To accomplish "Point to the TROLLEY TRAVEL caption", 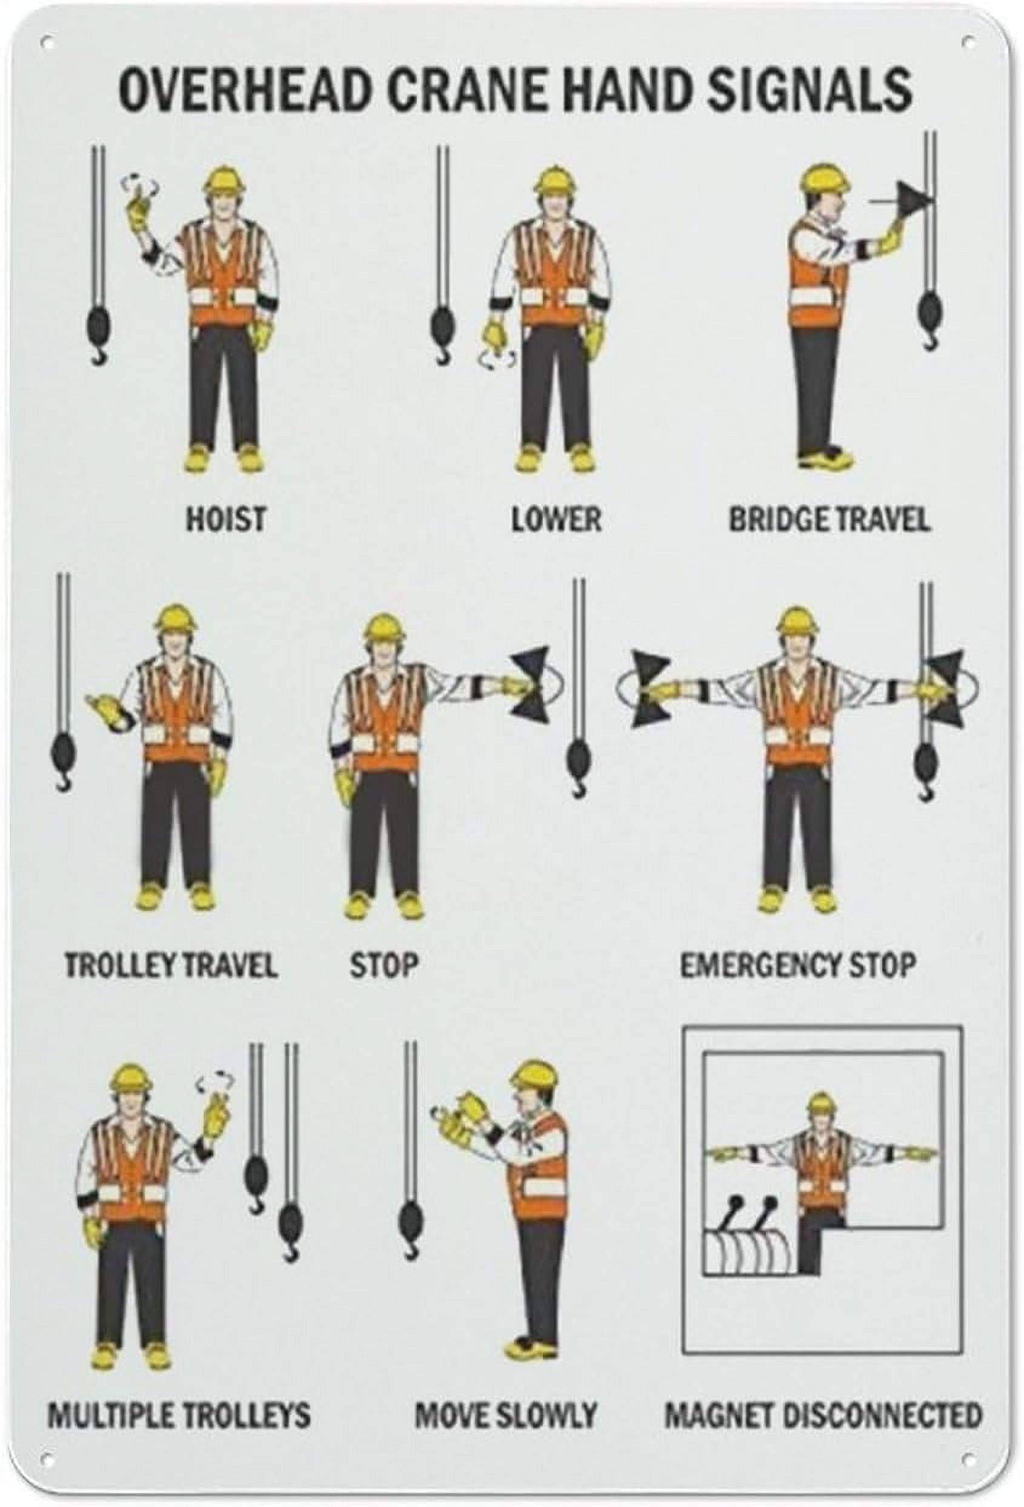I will (x=170, y=965).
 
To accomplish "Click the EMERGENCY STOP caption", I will (x=797, y=965).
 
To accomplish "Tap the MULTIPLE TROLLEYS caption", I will (x=179, y=1409).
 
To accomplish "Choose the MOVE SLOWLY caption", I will (x=505, y=1409).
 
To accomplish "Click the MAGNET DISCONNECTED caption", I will (x=823, y=1409).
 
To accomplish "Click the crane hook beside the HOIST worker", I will (x=96, y=330).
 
